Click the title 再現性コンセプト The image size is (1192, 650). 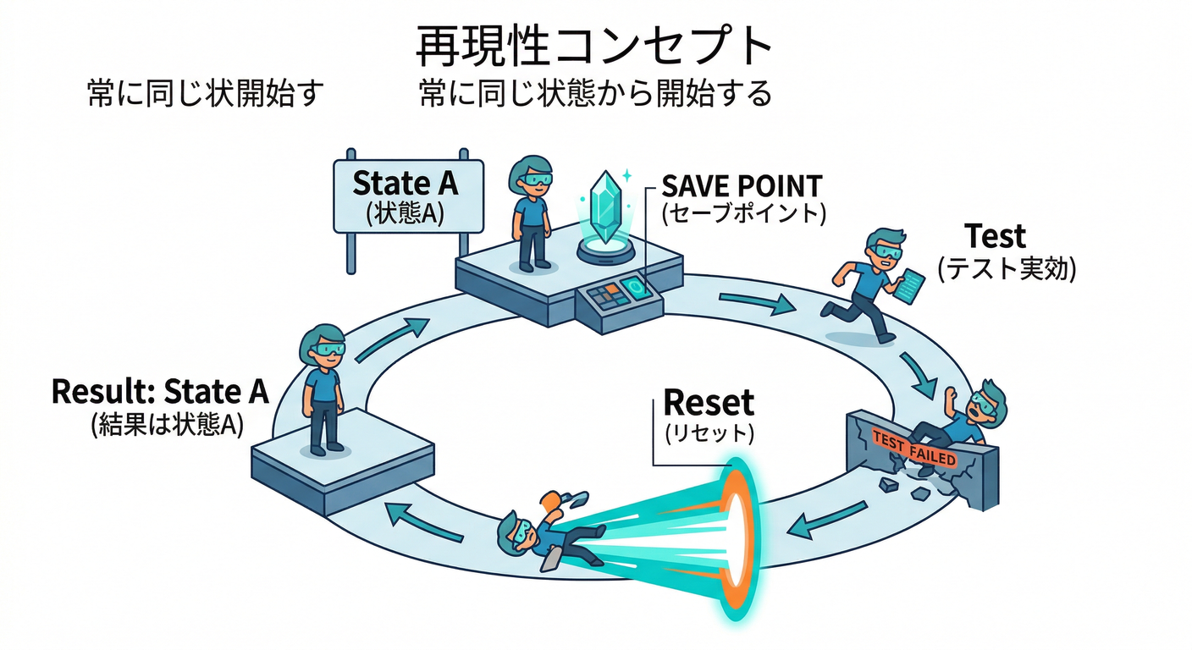(594, 47)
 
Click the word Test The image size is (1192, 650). (996, 236)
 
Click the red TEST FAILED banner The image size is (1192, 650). (914, 449)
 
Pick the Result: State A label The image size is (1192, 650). (160, 392)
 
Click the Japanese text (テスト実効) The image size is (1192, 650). (1006, 268)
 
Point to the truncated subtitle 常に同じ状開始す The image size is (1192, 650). (206, 94)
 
